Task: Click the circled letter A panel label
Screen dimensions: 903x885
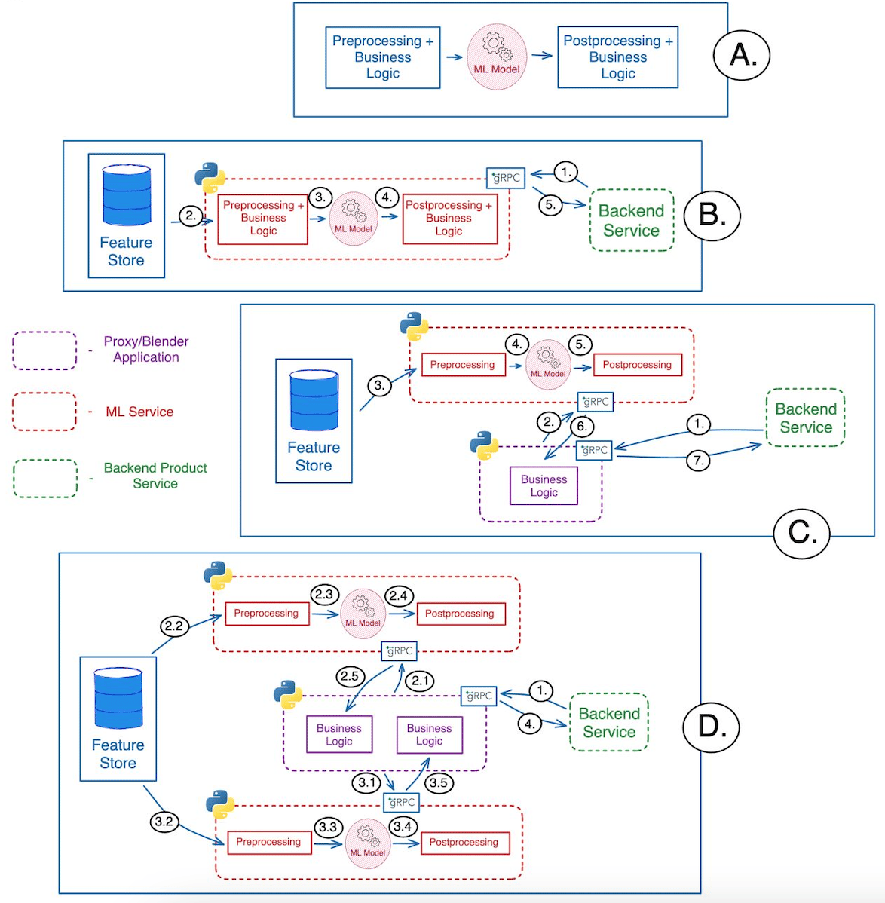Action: (x=741, y=55)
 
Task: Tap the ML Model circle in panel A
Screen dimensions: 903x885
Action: (x=496, y=57)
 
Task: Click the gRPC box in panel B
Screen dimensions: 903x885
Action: (x=505, y=178)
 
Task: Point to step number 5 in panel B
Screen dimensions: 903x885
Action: (x=550, y=204)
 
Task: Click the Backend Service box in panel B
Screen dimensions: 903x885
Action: (x=631, y=220)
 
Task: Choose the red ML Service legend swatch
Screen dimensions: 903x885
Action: (x=44, y=412)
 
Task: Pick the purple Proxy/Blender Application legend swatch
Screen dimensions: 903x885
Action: (x=44, y=350)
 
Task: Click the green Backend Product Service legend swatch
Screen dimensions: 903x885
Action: (x=44, y=479)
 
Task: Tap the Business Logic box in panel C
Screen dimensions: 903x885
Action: (x=544, y=486)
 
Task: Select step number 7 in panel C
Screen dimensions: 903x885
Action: (x=698, y=460)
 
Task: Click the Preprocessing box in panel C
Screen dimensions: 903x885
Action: (x=462, y=365)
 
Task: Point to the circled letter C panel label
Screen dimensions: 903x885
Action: (x=801, y=532)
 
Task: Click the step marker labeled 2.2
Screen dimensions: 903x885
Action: (x=173, y=626)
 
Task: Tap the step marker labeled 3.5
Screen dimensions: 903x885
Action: (x=438, y=782)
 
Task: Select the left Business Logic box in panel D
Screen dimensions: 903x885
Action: (x=339, y=734)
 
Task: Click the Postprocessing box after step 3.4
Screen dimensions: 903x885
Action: (x=464, y=842)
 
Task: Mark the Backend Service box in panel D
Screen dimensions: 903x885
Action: (x=609, y=722)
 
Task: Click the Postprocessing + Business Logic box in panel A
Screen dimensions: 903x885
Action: (x=617, y=57)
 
